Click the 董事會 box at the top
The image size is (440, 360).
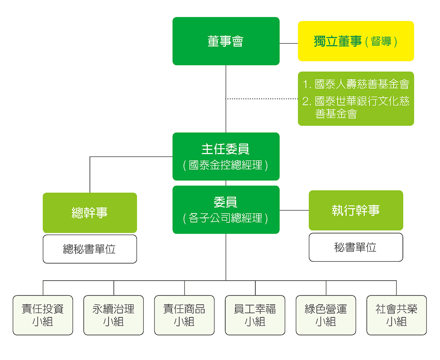(x=226, y=41)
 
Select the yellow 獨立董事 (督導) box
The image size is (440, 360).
(x=356, y=41)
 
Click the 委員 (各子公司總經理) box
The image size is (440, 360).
(x=226, y=210)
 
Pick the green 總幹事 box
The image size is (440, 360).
(x=90, y=212)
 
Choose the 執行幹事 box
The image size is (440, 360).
(x=356, y=210)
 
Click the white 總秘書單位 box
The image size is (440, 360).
(x=90, y=249)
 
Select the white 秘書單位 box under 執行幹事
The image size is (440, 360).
(x=356, y=247)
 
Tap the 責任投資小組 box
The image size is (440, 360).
(x=43, y=315)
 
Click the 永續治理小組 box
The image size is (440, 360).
(x=113, y=315)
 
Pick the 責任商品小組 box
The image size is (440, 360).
(x=184, y=315)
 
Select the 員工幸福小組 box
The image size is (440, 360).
(x=255, y=315)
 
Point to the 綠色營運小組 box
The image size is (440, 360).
(x=325, y=315)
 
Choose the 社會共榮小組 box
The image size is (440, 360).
(x=396, y=315)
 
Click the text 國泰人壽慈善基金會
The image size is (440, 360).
(x=362, y=84)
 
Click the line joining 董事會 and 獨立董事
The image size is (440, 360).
(x=289, y=44)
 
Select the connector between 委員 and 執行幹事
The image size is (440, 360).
(x=294, y=210)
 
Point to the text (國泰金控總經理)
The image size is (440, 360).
(x=226, y=166)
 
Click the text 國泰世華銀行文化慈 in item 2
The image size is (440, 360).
(x=362, y=101)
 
